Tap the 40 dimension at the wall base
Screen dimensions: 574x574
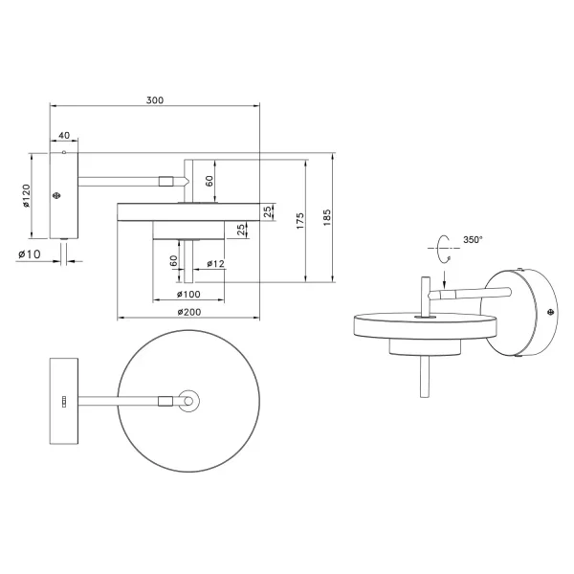64,137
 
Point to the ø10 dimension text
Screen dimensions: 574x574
29,254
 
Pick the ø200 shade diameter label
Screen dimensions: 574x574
188,311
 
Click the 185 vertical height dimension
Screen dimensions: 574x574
326,217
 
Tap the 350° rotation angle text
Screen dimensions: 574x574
473,241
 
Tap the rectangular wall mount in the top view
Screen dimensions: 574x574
64,402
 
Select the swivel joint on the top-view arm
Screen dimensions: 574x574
166,402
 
